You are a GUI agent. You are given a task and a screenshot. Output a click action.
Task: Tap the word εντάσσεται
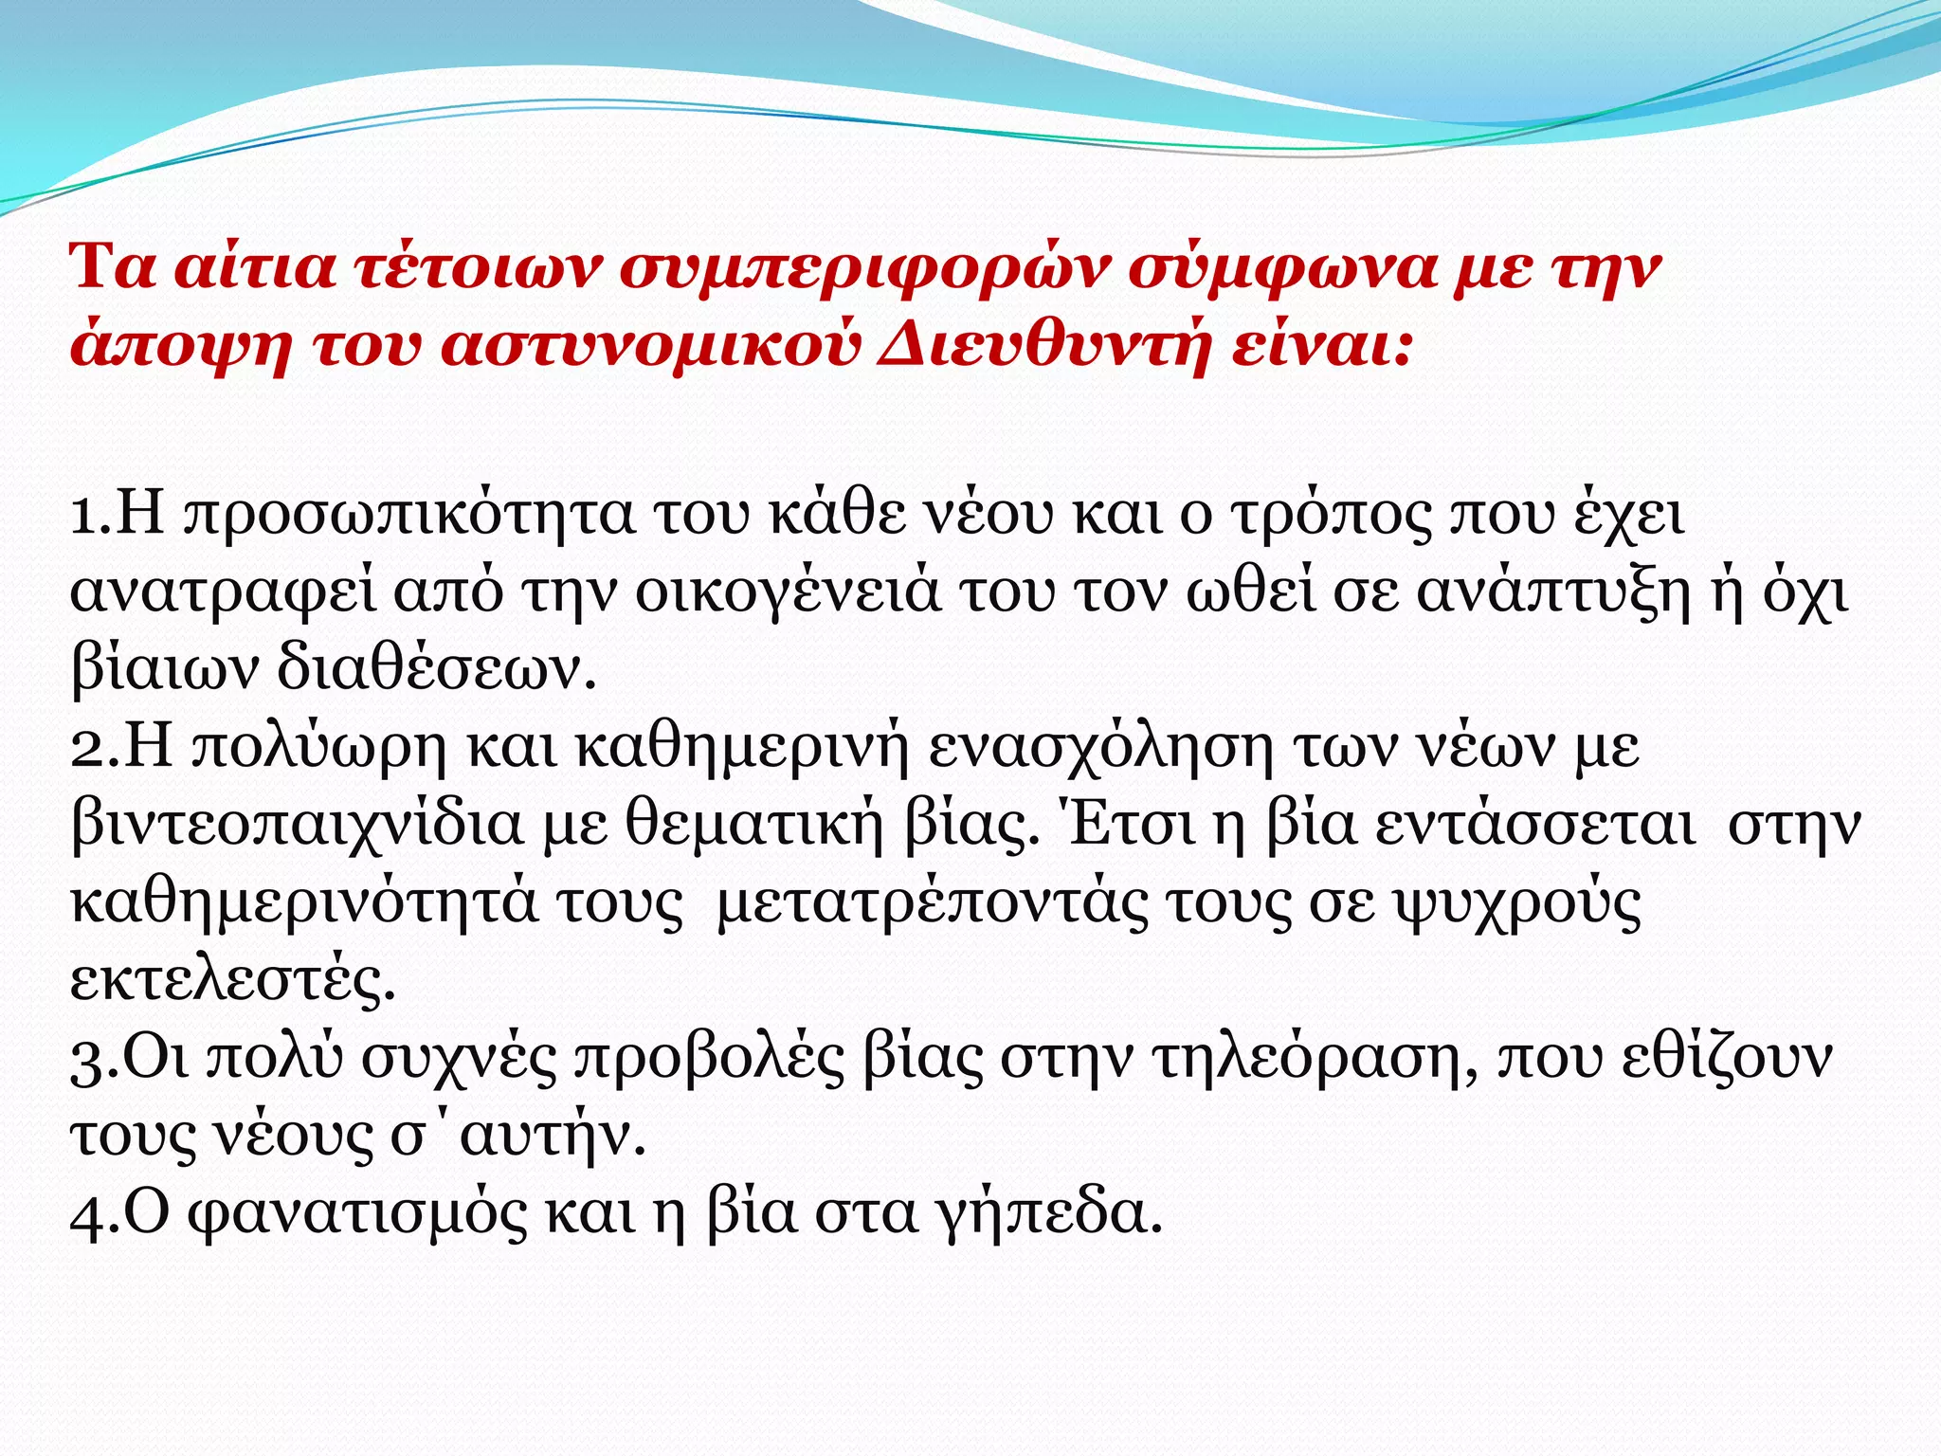1535,826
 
